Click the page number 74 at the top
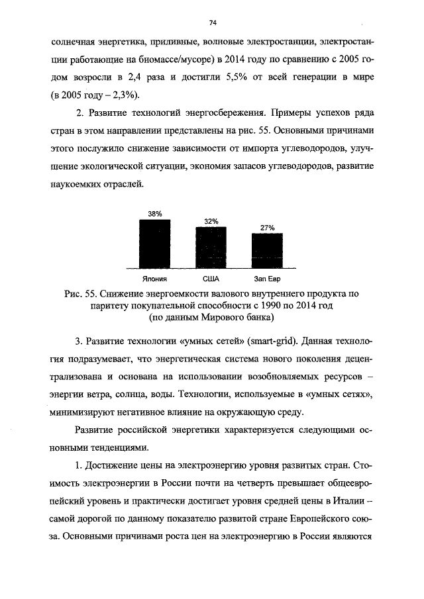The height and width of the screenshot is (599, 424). [213, 23]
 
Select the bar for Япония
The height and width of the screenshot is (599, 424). [154, 242]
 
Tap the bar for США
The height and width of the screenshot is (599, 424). [211, 247]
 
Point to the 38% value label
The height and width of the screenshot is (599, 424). [154, 214]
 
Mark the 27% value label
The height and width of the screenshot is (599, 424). [267, 228]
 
